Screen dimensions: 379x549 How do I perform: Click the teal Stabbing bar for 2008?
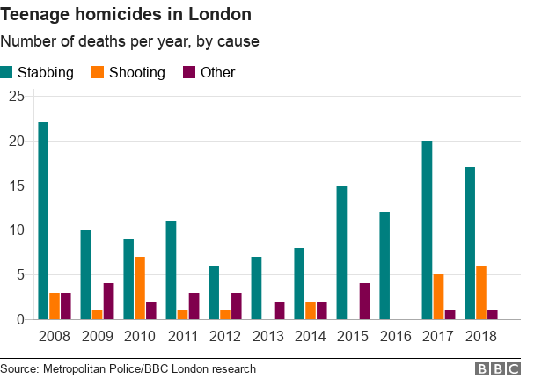(43, 221)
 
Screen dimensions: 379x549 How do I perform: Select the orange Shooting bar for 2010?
(139, 288)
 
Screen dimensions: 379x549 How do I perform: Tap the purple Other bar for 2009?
(107, 301)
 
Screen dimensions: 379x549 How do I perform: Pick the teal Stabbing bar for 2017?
(427, 230)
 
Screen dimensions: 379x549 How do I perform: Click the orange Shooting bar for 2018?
(480, 292)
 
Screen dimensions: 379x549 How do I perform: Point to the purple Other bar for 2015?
(364, 301)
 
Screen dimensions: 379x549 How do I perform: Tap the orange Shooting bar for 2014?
(310, 310)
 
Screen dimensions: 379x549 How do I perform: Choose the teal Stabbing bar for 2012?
(214, 292)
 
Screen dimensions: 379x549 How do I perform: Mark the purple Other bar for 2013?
(279, 310)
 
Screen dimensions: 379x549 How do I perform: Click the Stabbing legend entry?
(45, 72)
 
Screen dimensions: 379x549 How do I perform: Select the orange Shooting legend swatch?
(99, 72)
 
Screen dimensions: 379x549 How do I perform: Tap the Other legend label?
(218, 72)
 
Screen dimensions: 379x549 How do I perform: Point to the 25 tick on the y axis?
(16, 96)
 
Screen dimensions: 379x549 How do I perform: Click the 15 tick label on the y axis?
(16, 186)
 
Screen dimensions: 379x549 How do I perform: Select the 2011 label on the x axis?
(182, 336)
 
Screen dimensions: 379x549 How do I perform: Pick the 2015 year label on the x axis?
(353, 336)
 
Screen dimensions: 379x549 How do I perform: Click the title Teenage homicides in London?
(125, 15)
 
